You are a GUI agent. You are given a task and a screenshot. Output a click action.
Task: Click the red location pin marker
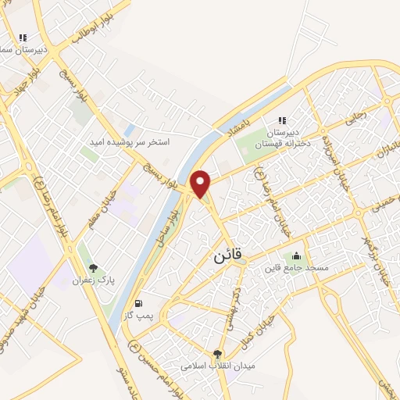(x=202, y=183)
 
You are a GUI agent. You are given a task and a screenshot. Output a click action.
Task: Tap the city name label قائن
(x=227, y=255)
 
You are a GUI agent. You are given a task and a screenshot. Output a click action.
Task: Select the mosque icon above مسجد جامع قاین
(x=296, y=255)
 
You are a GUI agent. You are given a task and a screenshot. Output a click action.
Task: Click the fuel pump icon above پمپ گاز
(x=139, y=303)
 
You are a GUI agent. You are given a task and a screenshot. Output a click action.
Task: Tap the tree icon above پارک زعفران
(x=93, y=267)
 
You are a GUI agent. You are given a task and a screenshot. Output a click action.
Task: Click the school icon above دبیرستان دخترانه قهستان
(x=281, y=120)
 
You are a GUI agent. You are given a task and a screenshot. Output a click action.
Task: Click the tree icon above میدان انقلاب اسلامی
(x=217, y=354)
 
